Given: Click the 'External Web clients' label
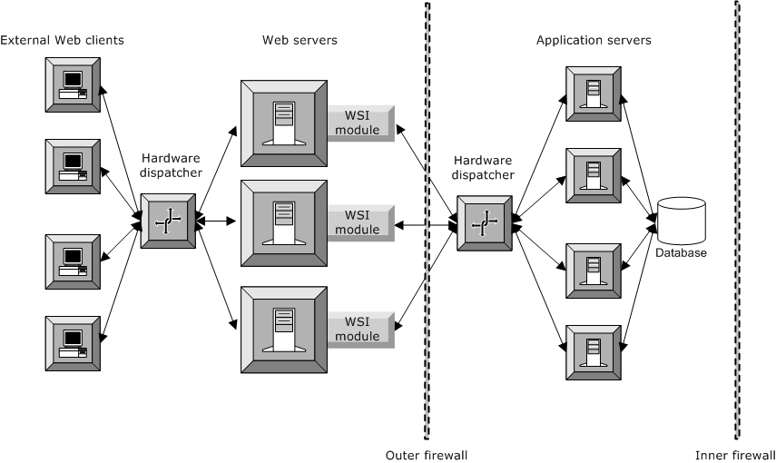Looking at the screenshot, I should coord(63,41).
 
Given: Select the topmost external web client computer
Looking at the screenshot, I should coord(74,84).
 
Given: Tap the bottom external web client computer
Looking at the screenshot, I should coord(74,343).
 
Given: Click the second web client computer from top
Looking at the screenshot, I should coord(74,166).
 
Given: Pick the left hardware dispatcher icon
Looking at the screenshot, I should coord(167,221).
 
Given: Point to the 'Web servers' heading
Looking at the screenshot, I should coord(300,41).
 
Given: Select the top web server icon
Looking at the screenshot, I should coord(283,123).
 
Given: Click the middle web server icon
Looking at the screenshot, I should coord(283,223).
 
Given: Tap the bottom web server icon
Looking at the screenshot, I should coord(283,329).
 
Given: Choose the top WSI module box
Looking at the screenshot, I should coord(360,123).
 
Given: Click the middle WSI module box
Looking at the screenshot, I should coord(360,223).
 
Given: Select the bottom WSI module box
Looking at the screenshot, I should coord(360,330).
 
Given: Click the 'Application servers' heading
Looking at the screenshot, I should coord(594,41).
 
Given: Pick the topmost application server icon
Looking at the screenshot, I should coord(594,94).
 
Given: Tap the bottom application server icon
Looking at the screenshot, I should coord(594,351).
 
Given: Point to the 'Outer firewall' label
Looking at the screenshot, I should coord(427,454).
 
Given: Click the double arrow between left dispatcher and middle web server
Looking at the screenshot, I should coord(217,221).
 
